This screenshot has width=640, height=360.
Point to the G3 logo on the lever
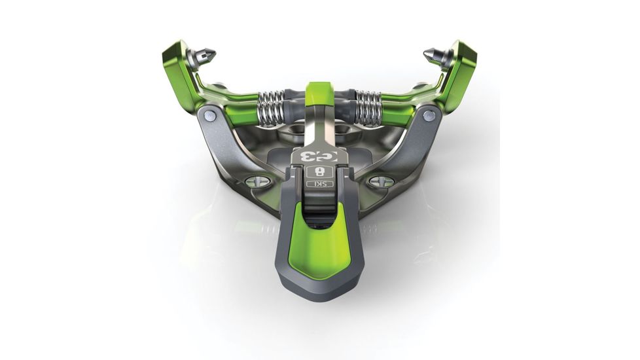point(319,156)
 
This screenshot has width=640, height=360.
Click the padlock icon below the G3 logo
point(319,171)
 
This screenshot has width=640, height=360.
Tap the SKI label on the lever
point(319,184)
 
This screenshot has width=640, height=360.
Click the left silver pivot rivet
point(209,116)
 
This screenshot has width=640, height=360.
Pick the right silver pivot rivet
point(429,116)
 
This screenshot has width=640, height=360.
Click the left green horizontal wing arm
point(229,98)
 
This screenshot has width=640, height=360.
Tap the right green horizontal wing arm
point(409,98)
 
